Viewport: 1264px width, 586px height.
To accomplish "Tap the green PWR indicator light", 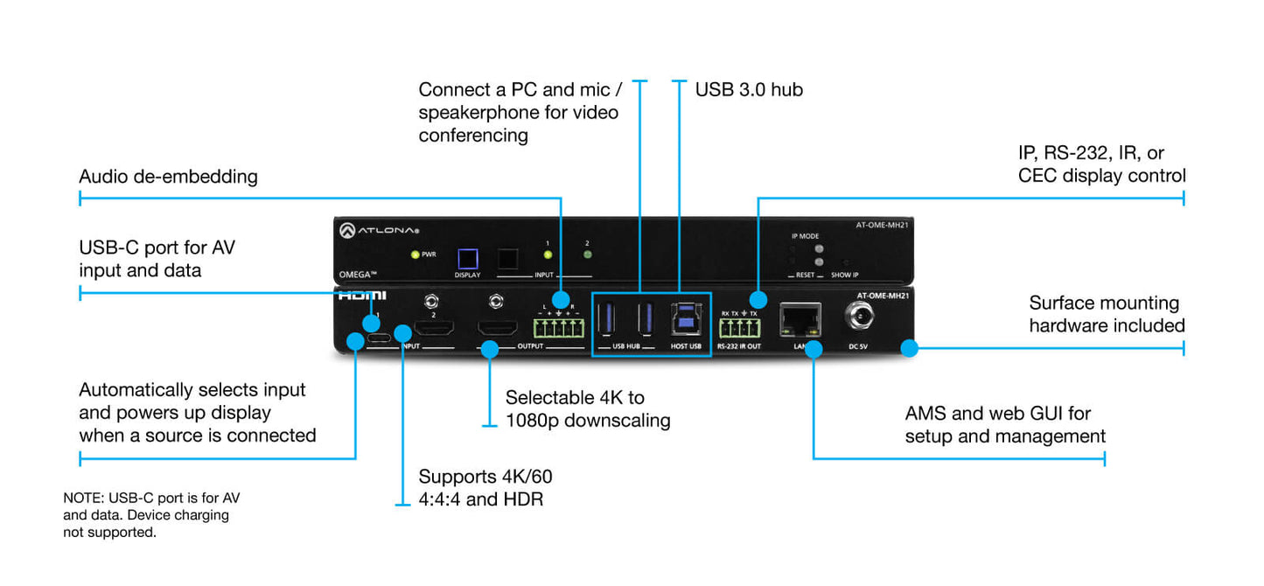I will (x=416, y=255).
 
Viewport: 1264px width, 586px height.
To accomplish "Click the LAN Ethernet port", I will (x=800, y=319).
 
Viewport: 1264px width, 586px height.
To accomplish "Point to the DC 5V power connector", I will (x=858, y=317).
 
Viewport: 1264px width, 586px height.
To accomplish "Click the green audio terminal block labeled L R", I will (x=557, y=329).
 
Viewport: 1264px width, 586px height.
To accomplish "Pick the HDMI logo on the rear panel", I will (x=362, y=296).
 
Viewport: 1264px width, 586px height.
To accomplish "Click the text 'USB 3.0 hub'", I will (x=749, y=89).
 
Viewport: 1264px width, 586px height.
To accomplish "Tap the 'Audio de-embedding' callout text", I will (x=168, y=177).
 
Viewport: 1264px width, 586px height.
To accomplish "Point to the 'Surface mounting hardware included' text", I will (x=1107, y=315).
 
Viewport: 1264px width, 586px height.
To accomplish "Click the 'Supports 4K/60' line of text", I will (x=485, y=477).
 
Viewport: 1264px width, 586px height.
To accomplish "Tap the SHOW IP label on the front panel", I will (x=844, y=275).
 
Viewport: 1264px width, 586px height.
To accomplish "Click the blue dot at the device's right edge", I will (x=910, y=348).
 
